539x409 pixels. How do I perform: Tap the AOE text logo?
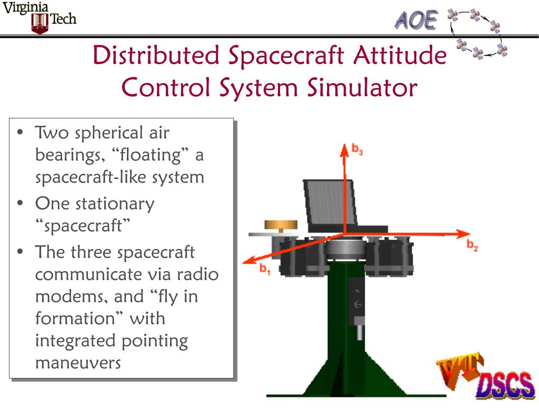click(x=416, y=21)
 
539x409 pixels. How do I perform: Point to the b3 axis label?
click(x=358, y=151)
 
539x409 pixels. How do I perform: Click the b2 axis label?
click(x=472, y=245)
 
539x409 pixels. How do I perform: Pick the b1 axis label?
click(x=264, y=268)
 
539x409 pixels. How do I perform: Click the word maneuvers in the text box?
click(x=78, y=363)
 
